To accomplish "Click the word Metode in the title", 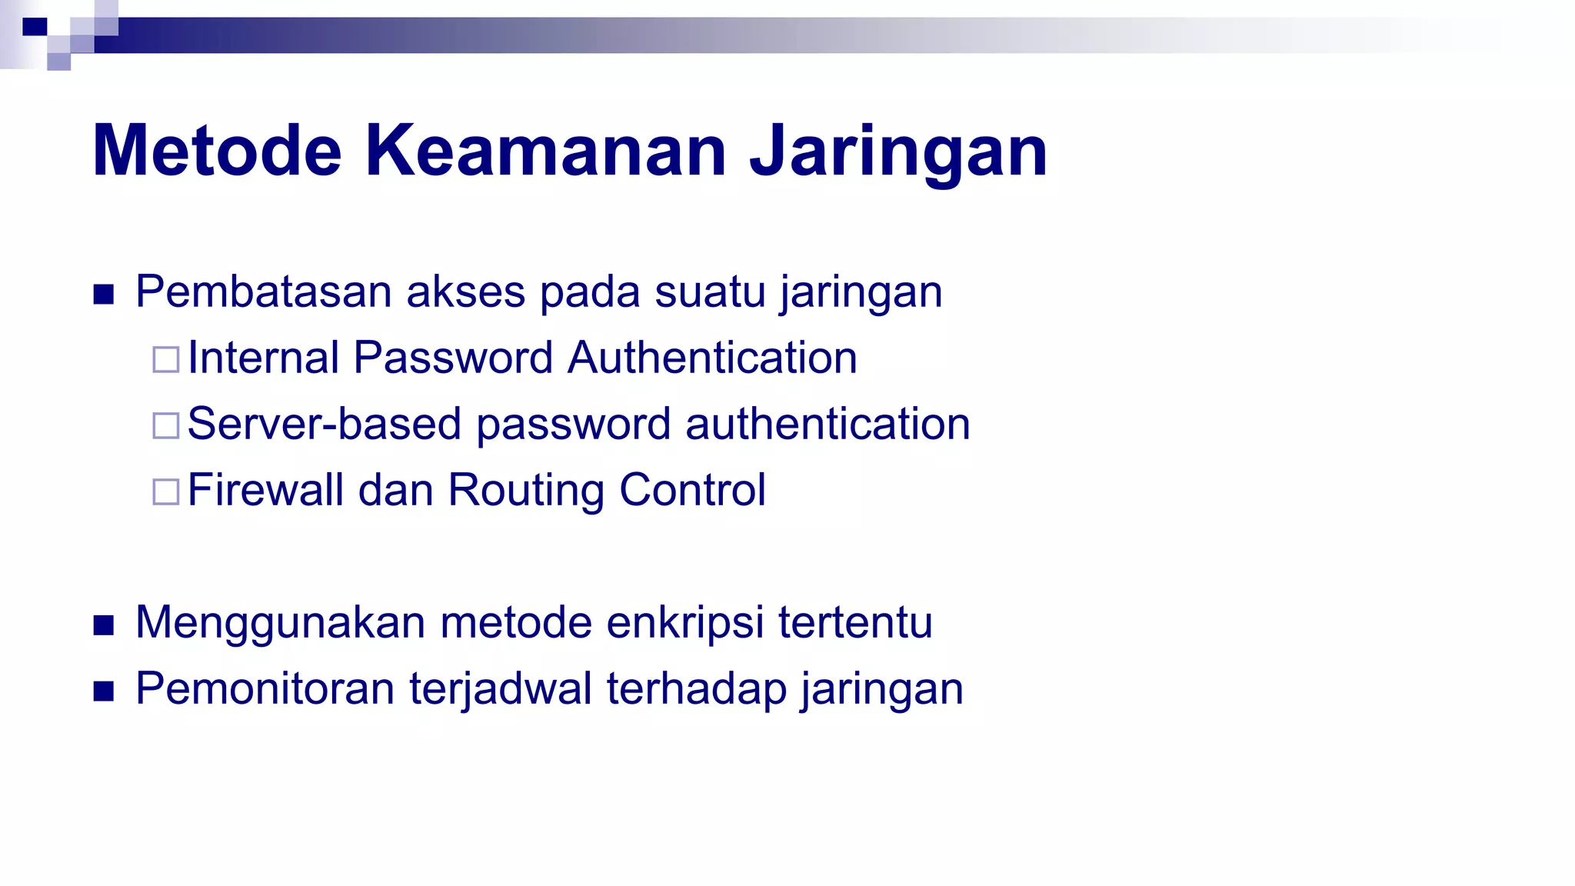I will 217,151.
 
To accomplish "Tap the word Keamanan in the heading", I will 545,151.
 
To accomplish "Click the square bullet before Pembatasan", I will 104,295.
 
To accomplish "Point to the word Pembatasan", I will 264,292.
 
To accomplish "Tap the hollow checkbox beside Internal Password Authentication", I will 166,359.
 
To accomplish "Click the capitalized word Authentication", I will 712,358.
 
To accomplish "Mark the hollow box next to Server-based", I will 166,425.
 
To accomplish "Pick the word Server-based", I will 324,425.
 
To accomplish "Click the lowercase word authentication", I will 827,425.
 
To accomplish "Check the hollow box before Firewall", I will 166,491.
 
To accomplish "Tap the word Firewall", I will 265,491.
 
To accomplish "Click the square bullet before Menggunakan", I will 104,625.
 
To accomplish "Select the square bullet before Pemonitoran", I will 104,691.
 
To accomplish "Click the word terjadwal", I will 501,689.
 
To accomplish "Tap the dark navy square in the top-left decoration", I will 35,27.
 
